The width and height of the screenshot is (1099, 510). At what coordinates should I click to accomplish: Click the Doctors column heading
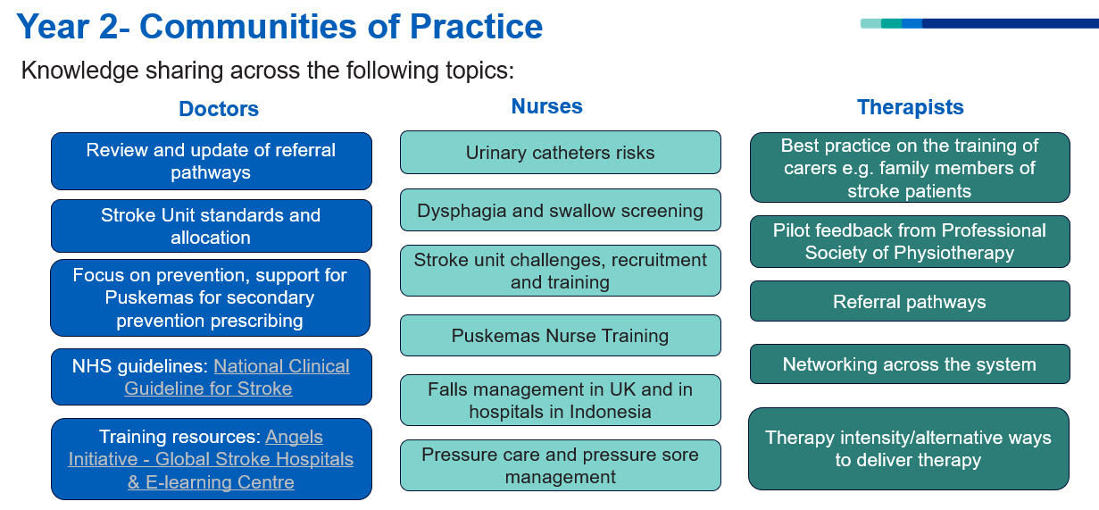219,108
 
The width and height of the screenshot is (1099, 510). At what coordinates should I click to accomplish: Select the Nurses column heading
546,106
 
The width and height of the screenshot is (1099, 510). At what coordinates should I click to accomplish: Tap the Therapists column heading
910,107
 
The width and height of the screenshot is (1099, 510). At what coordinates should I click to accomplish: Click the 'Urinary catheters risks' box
561,152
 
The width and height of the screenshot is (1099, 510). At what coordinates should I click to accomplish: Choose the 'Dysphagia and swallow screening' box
561,210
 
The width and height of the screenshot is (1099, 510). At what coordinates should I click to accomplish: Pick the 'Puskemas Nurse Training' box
561,336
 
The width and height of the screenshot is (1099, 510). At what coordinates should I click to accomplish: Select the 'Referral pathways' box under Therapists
910,301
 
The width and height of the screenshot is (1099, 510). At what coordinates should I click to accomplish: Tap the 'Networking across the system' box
910,364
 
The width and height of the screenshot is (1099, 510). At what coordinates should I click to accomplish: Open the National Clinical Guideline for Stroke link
237,377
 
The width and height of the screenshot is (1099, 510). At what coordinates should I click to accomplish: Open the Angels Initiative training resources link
211,459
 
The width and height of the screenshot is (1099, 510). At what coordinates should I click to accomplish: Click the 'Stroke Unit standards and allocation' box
212,226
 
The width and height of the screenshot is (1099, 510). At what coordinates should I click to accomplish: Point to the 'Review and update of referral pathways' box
212,161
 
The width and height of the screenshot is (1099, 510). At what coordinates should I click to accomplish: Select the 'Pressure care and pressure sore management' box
561,465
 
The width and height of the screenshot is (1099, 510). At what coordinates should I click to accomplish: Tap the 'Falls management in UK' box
561,400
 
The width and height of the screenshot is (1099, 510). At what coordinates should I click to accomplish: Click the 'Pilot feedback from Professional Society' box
910,241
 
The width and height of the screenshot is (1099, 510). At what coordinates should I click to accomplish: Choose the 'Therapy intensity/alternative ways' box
909,448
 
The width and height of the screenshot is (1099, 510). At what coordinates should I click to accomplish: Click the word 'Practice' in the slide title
476,26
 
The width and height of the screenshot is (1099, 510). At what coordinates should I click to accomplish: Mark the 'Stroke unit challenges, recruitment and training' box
561,271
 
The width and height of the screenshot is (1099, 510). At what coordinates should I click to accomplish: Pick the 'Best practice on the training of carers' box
910,167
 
